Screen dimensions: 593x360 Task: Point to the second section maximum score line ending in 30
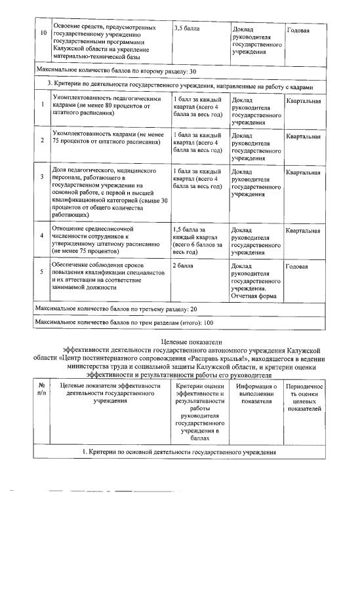click(116, 71)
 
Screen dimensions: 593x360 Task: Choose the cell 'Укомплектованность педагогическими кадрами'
click(105, 105)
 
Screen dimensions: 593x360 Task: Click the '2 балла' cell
click(182, 267)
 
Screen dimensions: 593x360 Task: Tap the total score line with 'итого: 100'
click(125, 323)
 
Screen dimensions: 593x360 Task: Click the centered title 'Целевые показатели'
click(191, 342)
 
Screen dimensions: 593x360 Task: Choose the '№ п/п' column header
click(41, 390)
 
